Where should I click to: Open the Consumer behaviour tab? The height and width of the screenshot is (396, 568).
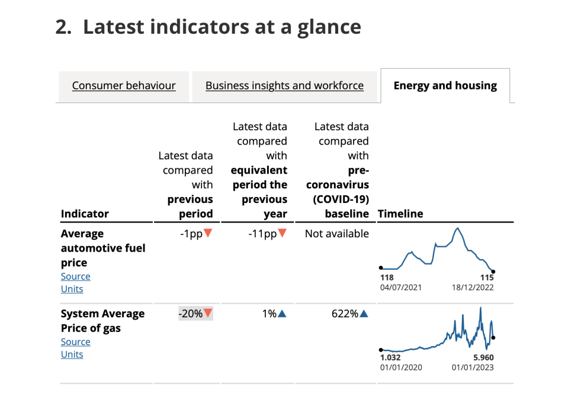tap(124, 85)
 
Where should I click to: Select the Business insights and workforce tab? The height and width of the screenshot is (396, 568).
tap(284, 85)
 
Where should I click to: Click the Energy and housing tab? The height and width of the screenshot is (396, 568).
tap(445, 85)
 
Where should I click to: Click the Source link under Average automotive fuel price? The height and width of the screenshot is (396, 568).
tap(75, 276)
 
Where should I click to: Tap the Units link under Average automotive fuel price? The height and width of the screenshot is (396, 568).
tap(72, 289)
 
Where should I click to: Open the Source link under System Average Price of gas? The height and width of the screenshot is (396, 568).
tap(75, 342)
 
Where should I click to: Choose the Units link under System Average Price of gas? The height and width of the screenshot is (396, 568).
tap(72, 355)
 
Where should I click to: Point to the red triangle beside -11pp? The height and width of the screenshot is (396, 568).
tap(282, 233)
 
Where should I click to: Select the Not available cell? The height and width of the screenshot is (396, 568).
tap(337, 234)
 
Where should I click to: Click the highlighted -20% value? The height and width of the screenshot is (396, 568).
tap(195, 314)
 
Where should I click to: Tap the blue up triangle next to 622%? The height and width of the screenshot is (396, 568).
tap(364, 314)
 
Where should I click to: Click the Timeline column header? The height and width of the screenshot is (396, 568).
tap(400, 214)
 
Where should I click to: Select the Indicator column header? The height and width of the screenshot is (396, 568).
tap(85, 214)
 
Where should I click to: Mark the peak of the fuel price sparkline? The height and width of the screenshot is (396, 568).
tap(458, 228)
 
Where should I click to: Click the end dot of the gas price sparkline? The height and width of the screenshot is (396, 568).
tap(493, 338)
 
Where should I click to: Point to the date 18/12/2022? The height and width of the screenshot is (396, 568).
tap(473, 288)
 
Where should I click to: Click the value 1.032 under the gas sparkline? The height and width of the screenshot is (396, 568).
tap(390, 358)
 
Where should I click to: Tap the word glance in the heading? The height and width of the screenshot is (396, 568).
tap(329, 28)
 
